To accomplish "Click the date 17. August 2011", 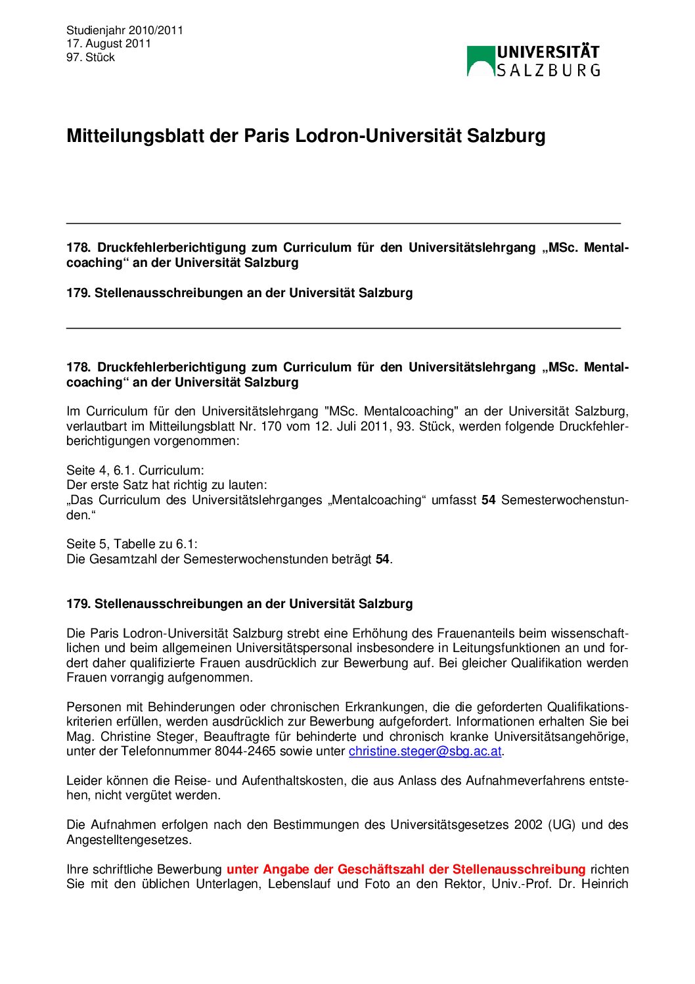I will (108, 43).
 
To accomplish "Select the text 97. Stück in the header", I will (91, 57).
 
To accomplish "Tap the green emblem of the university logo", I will (480, 61).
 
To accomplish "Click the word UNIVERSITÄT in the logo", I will (548, 53).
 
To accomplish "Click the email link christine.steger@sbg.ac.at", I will (425, 751).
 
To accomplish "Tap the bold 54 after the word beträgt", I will (382, 559).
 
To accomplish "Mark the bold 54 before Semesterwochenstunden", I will (488, 500).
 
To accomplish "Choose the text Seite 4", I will (85, 471).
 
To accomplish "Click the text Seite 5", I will (85, 544).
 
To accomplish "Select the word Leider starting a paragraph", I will (83, 781).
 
